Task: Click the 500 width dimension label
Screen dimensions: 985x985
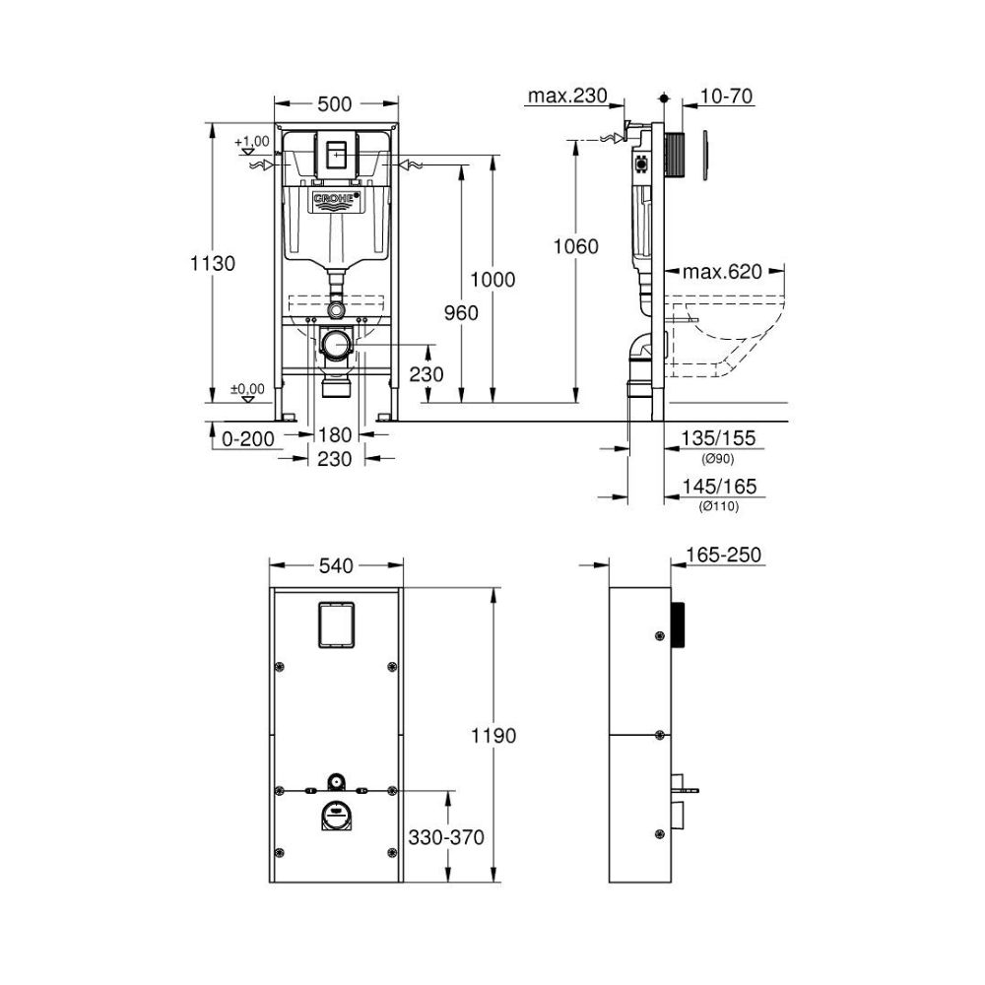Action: (334, 103)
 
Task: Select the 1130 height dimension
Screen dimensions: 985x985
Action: (213, 263)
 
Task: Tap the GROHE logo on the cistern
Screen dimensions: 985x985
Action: (337, 200)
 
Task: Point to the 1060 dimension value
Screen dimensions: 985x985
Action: (575, 246)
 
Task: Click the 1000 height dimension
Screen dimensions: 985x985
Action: (493, 280)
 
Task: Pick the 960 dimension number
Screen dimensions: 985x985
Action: (461, 312)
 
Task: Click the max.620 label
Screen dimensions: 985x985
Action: (722, 272)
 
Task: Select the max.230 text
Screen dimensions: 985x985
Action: (567, 96)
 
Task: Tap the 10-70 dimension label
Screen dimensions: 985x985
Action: (726, 97)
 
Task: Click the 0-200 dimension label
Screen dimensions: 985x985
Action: (248, 438)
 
